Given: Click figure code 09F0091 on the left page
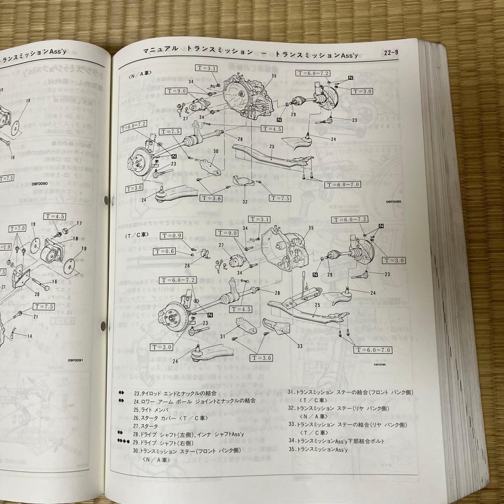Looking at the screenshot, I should coord(75,360).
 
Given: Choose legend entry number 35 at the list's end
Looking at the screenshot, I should coord(318,449).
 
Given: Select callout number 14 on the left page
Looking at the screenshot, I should coord(29,336).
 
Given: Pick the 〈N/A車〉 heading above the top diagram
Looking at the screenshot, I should coord(140,72).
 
